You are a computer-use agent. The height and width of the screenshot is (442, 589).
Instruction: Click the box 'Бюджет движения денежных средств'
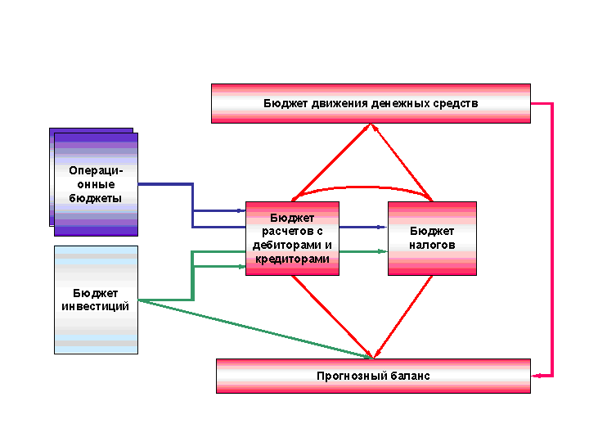tap(371, 103)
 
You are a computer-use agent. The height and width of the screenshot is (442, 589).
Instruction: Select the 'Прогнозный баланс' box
tap(373, 376)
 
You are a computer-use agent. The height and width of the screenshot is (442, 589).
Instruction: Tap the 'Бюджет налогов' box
tap(432, 238)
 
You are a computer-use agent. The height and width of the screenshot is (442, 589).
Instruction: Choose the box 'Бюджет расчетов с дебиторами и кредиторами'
tap(292, 238)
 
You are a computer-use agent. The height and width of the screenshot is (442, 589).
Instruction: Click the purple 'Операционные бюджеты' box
tap(96, 184)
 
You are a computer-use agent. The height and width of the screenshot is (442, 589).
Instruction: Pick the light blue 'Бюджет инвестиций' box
tap(96, 300)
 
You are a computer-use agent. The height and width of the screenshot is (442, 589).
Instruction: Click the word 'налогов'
tap(433, 245)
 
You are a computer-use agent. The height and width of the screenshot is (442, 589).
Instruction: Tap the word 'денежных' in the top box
tap(380, 104)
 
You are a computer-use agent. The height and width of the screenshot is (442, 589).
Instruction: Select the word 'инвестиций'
tap(96, 306)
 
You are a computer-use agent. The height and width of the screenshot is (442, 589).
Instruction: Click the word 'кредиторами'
tap(292, 259)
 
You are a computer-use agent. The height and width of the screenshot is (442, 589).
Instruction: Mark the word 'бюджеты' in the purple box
tap(96, 198)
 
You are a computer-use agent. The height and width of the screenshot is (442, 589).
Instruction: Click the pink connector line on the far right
tap(553, 237)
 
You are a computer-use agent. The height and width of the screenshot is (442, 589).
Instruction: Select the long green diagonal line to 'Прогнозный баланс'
tap(254, 330)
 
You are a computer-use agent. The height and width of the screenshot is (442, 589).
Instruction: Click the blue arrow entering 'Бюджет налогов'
tap(363, 227)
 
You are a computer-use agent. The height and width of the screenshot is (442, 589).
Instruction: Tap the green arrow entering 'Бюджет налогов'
tap(363, 251)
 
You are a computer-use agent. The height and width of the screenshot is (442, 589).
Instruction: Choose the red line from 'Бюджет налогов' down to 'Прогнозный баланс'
tap(402, 317)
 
